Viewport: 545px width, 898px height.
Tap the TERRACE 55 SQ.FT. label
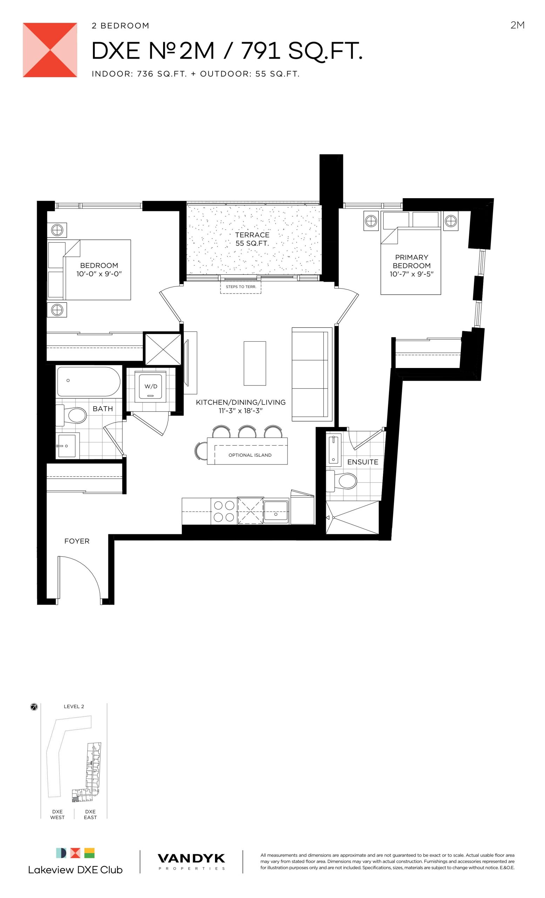(252, 239)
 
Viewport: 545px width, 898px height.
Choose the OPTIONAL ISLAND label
(250, 455)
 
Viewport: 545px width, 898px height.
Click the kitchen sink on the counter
(276, 511)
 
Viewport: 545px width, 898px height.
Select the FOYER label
(77, 541)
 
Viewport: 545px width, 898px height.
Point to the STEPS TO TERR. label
(241, 287)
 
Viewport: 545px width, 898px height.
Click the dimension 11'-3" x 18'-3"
(241, 411)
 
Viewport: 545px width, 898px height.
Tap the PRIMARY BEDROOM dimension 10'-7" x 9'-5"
(412, 274)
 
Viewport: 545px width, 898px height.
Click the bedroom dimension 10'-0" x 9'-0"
(99, 274)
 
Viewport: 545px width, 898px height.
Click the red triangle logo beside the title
(50, 50)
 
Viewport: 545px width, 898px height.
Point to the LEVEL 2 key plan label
(74, 706)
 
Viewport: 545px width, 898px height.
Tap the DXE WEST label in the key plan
(57, 815)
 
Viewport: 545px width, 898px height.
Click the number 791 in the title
(261, 51)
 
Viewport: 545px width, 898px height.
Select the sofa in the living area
(312, 374)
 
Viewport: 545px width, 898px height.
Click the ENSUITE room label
(363, 462)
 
